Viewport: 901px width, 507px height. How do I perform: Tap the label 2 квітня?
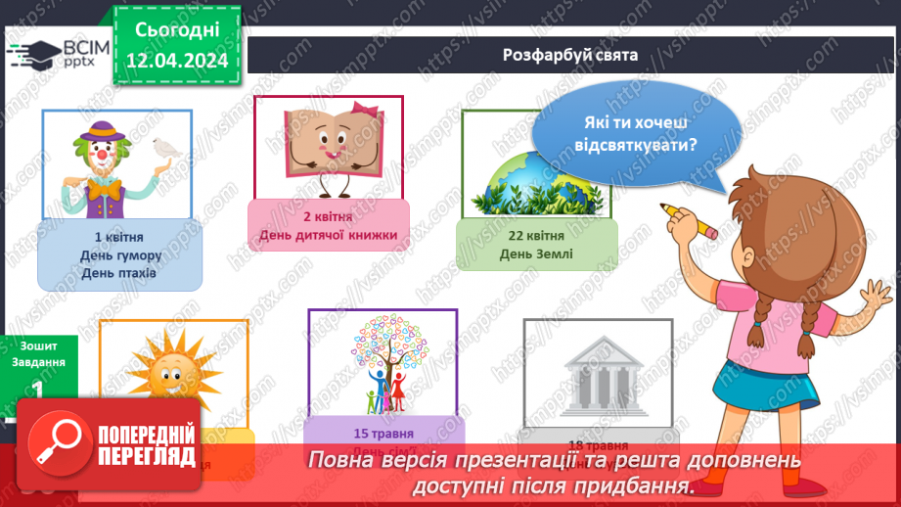point(327,215)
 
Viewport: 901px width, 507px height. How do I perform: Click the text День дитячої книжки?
point(328,235)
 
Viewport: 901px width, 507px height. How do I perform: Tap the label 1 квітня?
point(120,238)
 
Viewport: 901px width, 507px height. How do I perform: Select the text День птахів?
point(120,274)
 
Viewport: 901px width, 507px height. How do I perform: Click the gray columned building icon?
point(597,373)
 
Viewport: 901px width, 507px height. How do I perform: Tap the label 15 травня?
point(383,433)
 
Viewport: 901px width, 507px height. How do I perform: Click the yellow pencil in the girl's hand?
point(689,219)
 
